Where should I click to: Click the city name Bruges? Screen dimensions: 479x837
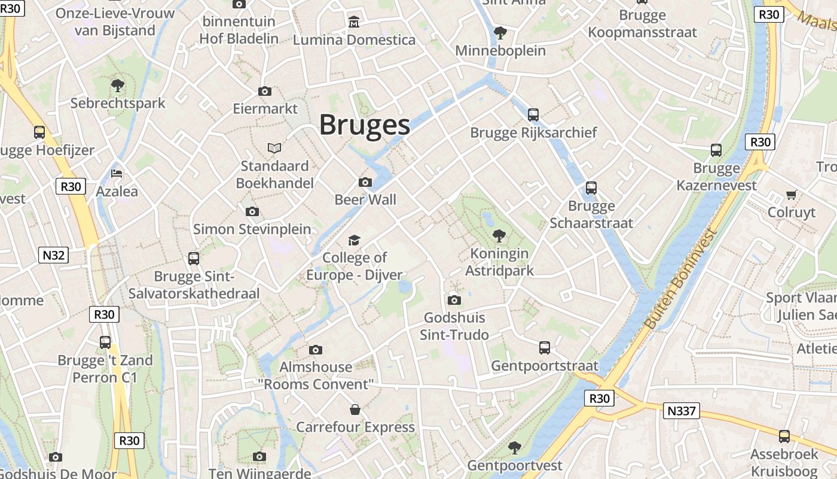pos(364,125)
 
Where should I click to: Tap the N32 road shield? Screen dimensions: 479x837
pos(54,256)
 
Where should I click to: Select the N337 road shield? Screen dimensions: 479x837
pos(682,411)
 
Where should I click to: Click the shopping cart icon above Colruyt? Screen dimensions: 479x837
pos(792,195)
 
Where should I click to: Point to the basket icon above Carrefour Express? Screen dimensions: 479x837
pos(355,410)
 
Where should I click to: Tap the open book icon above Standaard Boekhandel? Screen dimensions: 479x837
pos(274,148)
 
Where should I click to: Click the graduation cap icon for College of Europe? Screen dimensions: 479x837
pos(355,240)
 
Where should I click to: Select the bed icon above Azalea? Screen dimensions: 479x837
pos(117,174)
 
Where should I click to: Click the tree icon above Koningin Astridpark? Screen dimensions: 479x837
pos(499,236)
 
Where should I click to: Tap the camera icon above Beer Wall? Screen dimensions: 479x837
pos(365,182)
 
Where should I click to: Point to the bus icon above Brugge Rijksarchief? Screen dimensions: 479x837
pos(533,114)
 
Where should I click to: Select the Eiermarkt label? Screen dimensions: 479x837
pos(265,109)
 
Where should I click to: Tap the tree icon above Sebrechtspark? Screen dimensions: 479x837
pos(118,86)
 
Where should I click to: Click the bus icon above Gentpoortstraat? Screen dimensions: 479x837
pos(545,348)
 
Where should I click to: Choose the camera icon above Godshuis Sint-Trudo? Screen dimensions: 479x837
pos(454,300)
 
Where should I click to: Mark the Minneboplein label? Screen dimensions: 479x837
pos(500,51)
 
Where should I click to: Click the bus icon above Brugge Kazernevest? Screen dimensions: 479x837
pos(716,150)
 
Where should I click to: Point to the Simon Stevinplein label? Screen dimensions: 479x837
pos(252,229)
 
